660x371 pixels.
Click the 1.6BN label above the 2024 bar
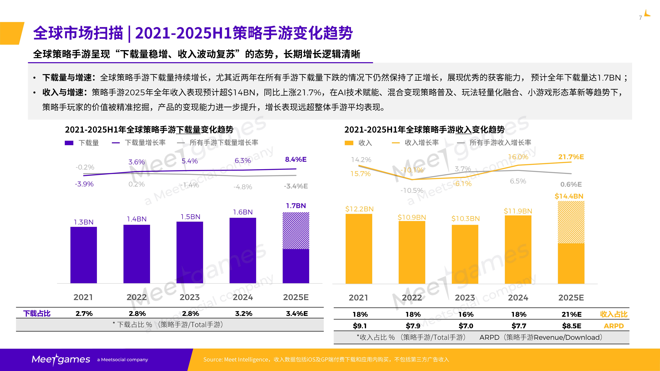pos(243,212)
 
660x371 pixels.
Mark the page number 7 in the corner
pos(640,18)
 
